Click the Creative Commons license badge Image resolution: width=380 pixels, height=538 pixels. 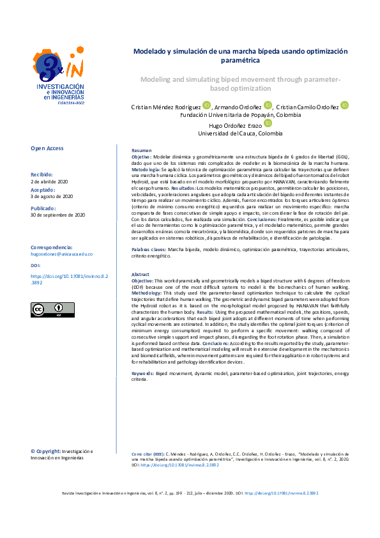click(52, 309)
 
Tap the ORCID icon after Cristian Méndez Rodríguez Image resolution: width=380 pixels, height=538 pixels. click(206, 105)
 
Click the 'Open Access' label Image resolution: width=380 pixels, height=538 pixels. click(47, 148)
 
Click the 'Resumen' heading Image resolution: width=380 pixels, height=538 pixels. click(141, 150)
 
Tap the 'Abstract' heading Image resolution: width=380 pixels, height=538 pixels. click(141, 273)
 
